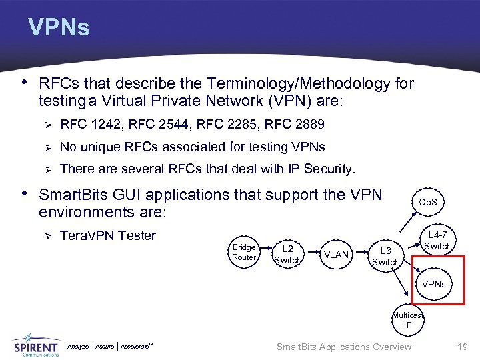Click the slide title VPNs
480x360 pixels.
pos(59,27)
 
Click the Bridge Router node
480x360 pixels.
pos(244,252)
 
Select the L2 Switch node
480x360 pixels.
pos(288,255)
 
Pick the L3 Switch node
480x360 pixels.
pos(385,256)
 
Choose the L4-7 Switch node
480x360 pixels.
pos(438,241)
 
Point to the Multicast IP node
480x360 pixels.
pos(407,320)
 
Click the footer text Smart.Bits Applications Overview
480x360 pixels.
pos(344,347)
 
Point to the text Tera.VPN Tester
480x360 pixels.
pos(108,235)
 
